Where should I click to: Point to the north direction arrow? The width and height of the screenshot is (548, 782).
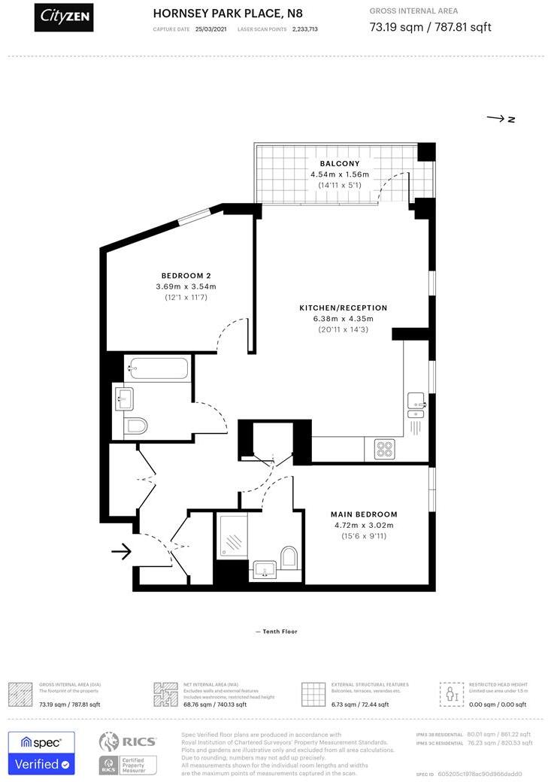(500, 119)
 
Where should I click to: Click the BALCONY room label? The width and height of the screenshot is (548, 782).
(340, 163)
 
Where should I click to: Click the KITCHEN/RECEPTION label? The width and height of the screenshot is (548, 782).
(343, 308)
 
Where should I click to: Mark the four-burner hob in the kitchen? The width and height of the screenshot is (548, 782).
(386, 449)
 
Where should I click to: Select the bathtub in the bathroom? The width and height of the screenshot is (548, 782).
(158, 369)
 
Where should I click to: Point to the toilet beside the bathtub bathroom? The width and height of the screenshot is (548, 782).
(135, 426)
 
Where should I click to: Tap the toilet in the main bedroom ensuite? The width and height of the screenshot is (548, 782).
(289, 557)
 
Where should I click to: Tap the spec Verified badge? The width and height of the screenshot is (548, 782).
(41, 753)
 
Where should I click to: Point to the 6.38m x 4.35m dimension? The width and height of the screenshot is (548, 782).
(343, 319)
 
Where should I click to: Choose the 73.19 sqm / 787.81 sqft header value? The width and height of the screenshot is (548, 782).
(431, 29)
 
